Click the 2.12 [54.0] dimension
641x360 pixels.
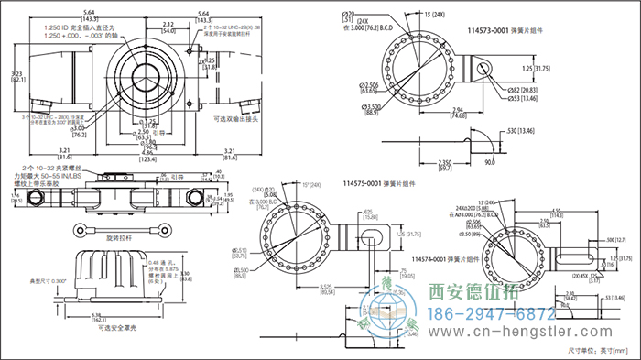(168, 27)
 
